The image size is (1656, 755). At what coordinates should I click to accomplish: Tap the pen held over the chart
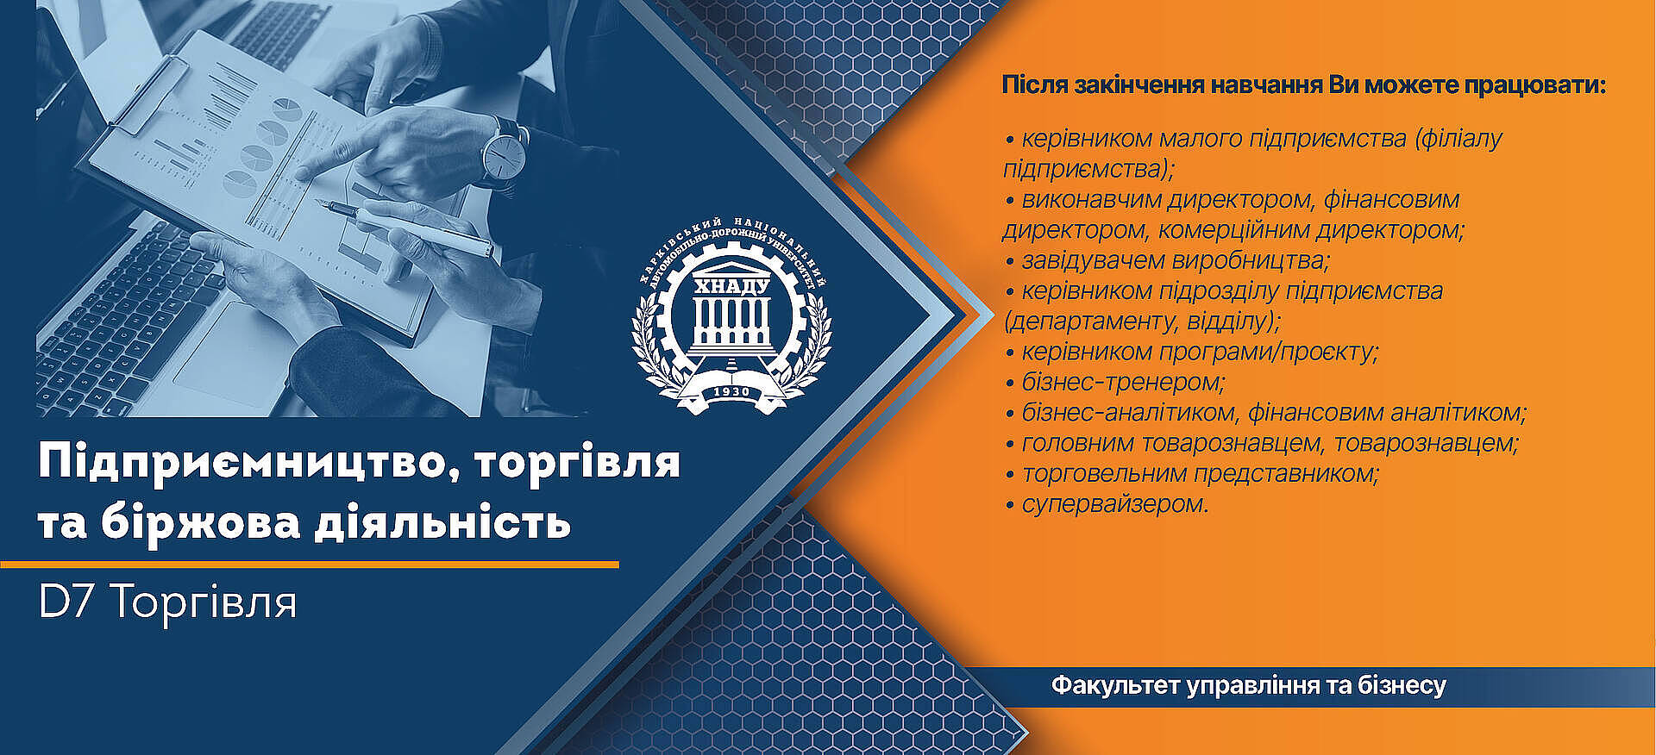click(405, 228)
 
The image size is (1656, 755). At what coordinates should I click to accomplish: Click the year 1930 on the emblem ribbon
click(731, 392)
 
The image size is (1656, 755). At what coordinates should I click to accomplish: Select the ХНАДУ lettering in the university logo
click(731, 286)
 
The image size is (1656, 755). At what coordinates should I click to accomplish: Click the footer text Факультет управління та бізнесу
click(1248, 686)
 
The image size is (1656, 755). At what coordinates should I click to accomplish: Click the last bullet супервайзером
click(1107, 504)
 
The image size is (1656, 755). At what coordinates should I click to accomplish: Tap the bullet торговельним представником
click(1192, 474)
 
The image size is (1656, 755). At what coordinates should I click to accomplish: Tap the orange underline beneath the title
click(310, 565)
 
